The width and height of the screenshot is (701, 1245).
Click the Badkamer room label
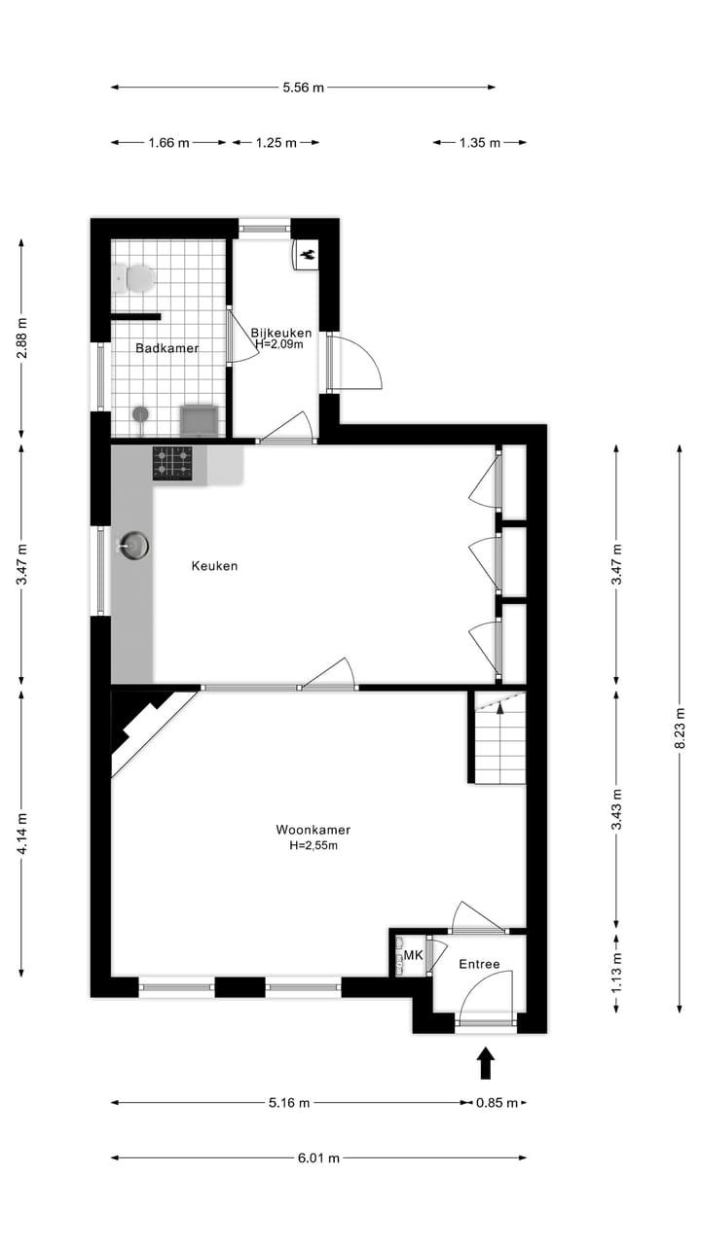(x=166, y=348)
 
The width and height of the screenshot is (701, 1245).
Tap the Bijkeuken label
(x=280, y=333)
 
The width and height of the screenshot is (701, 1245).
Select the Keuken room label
(x=214, y=566)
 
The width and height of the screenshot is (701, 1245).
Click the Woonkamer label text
(x=313, y=831)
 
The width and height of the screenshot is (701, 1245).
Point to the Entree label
(x=479, y=965)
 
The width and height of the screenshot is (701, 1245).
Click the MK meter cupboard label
(x=414, y=956)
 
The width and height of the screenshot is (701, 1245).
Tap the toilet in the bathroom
(x=135, y=278)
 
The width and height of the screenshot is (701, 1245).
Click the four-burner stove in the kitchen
(x=172, y=463)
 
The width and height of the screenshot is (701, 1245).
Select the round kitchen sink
(x=135, y=547)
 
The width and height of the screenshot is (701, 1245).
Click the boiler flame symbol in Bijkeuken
(x=307, y=254)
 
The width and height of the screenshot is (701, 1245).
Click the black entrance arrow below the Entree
(x=486, y=1062)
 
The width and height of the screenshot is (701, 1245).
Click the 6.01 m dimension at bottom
(x=319, y=1157)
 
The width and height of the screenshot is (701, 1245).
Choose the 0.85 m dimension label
(x=497, y=1103)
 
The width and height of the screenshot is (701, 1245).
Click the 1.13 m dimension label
(x=615, y=975)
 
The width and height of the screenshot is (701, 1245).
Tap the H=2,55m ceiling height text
(x=313, y=846)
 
